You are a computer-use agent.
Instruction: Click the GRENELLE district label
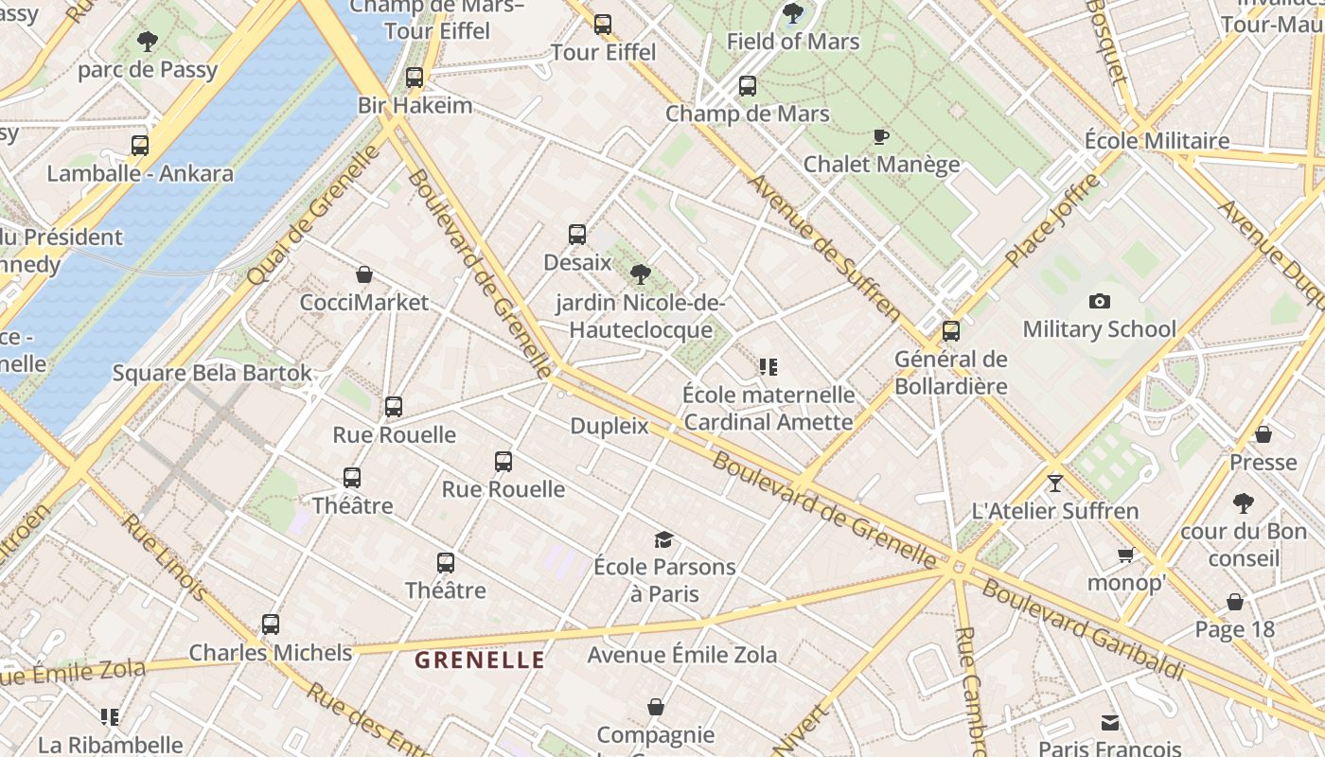click(x=480, y=660)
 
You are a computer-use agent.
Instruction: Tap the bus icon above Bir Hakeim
click(x=414, y=78)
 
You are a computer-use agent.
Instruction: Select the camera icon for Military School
click(x=1099, y=301)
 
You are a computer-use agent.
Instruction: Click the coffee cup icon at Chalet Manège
click(x=880, y=136)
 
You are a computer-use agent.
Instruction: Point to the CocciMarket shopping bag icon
click(x=363, y=274)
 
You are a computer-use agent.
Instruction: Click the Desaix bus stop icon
click(x=576, y=235)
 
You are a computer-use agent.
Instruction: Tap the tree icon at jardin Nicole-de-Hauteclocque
click(x=640, y=274)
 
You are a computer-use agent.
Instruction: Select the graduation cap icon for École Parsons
click(x=663, y=539)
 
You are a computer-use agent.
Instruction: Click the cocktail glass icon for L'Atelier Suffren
click(x=1055, y=483)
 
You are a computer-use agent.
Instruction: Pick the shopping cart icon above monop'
click(x=1125, y=555)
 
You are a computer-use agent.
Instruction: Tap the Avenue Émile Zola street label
click(x=681, y=654)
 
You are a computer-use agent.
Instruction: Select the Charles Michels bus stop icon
click(x=271, y=625)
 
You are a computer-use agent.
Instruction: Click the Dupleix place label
click(x=609, y=426)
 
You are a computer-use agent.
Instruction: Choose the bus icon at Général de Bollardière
click(x=950, y=331)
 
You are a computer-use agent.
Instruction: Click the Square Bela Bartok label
click(x=212, y=373)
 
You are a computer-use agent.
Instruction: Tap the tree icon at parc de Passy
click(x=147, y=41)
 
